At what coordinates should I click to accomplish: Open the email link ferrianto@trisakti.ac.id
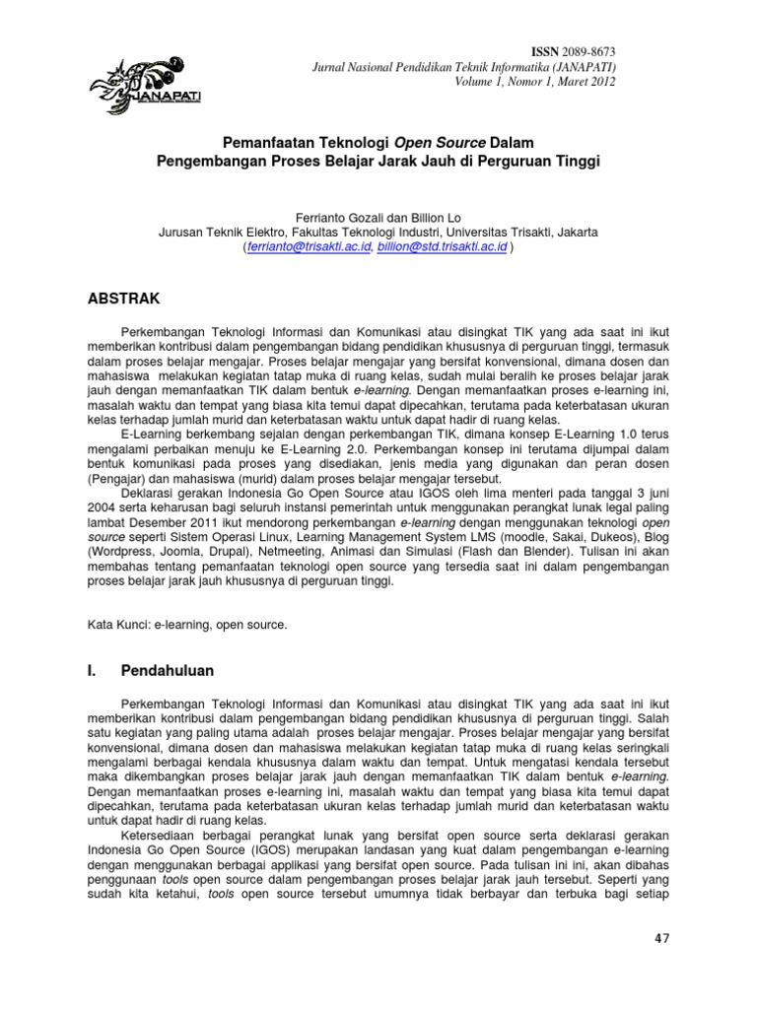point(310,248)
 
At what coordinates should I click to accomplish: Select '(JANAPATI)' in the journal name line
point(582,66)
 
